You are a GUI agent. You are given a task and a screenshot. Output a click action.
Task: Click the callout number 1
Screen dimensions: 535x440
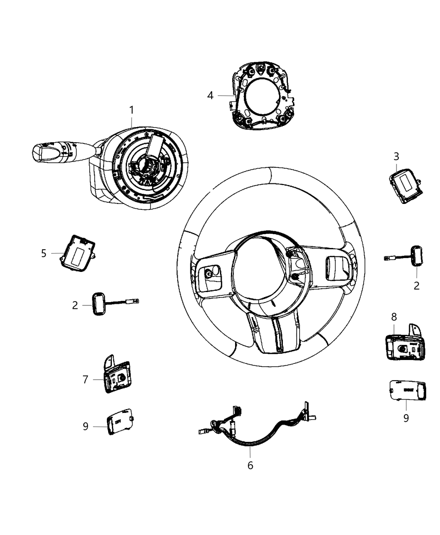click(132, 110)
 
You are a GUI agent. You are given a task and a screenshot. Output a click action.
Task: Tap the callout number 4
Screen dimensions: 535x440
click(210, 96)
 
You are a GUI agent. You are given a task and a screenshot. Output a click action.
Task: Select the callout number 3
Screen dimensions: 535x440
click(396, 157)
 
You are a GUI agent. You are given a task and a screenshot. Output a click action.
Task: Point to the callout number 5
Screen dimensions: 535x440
click(44, 253)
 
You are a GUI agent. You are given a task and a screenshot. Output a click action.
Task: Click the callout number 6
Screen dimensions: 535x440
click(250, 465)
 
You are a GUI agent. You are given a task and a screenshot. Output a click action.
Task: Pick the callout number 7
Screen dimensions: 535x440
click(85, 379)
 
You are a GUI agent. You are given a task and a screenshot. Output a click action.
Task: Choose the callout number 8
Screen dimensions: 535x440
click(394, 316)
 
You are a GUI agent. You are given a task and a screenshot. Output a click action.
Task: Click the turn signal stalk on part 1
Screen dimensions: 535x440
click(59, 151)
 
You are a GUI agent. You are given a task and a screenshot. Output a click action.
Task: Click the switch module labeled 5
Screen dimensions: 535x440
click(78, 253)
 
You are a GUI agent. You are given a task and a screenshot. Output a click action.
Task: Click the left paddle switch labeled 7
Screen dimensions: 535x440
click(115, 375)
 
